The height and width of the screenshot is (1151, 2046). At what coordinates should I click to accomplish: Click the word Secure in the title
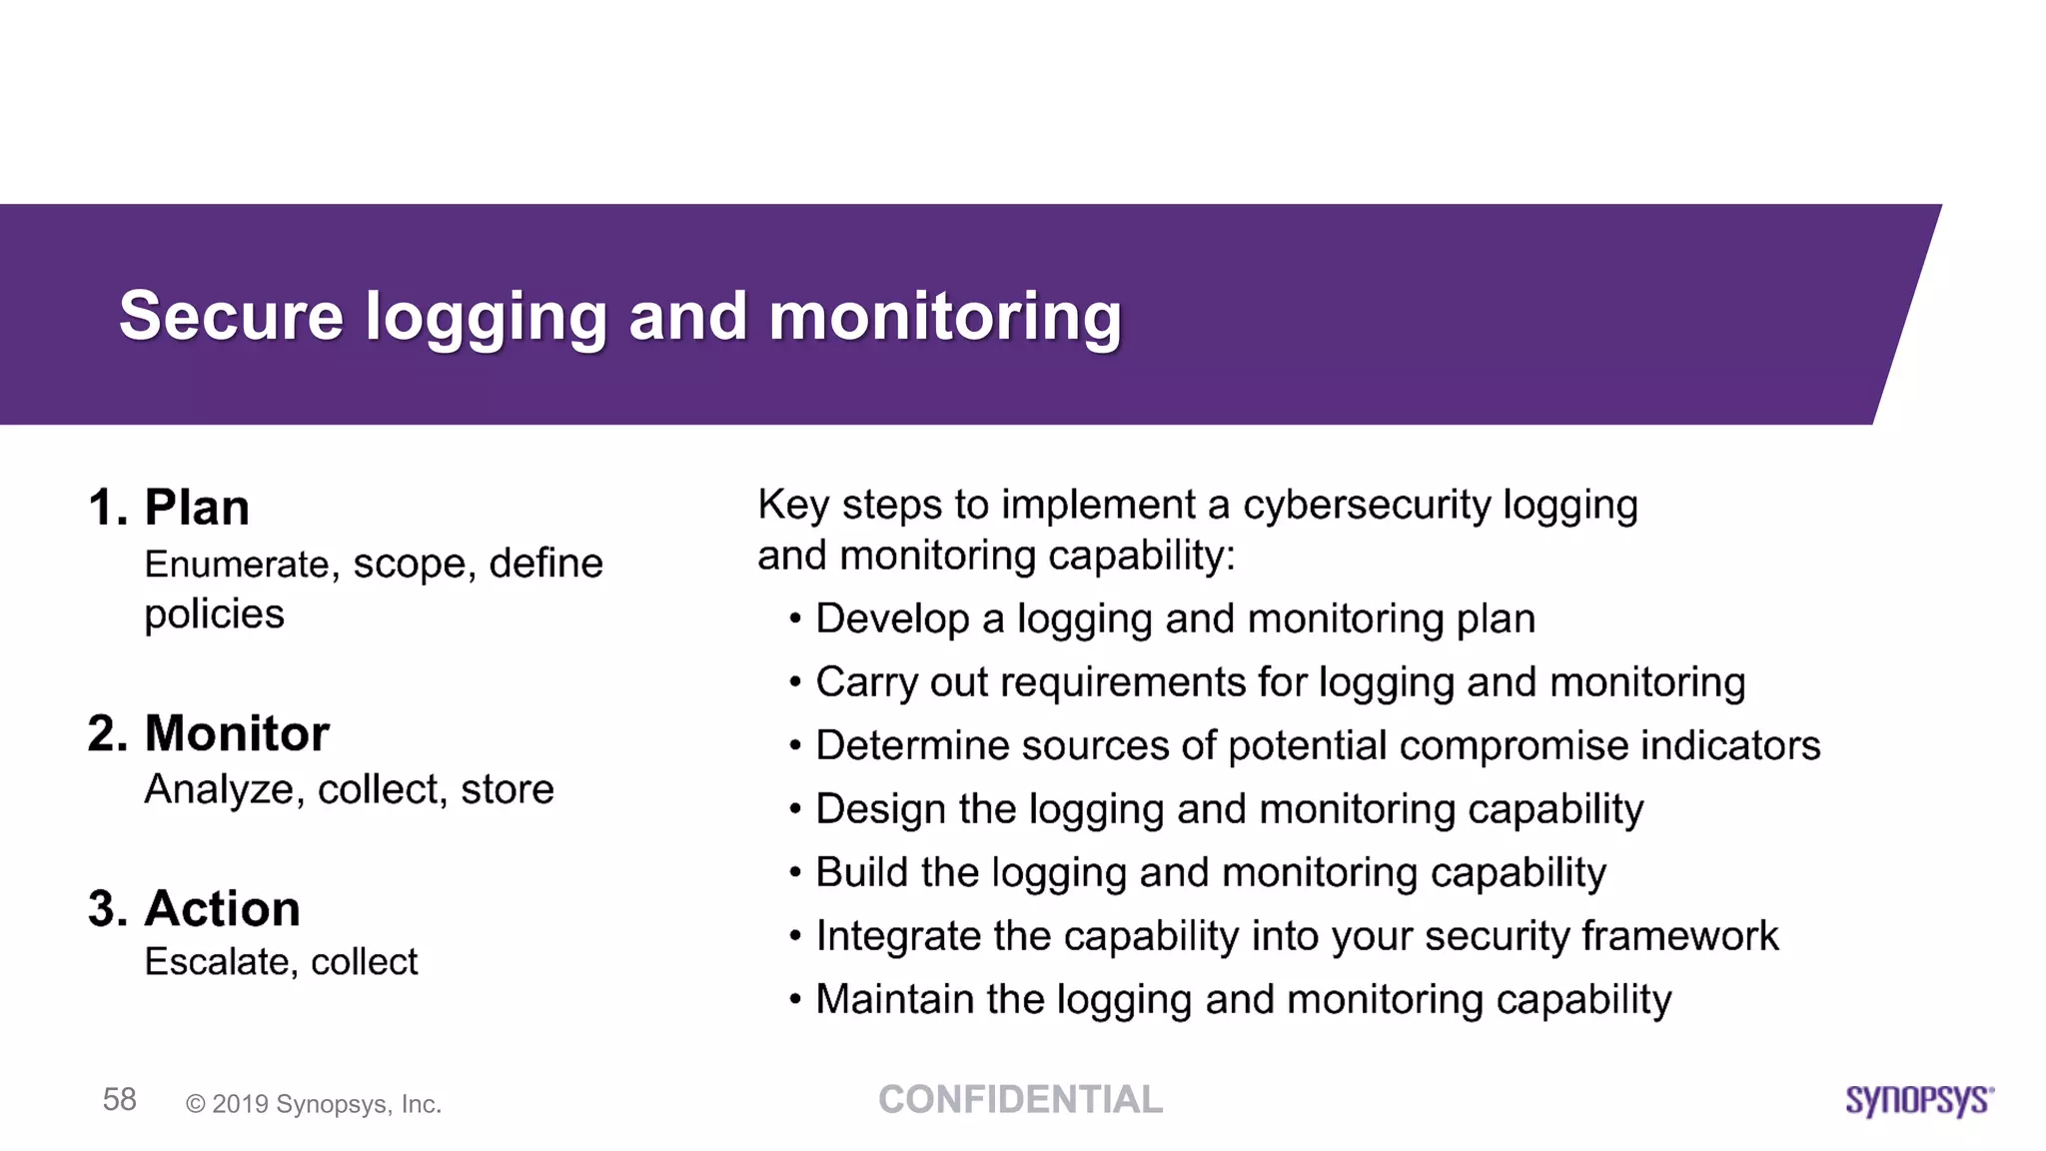point(231,316)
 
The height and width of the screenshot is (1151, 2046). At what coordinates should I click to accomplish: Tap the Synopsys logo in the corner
point(1919,1100)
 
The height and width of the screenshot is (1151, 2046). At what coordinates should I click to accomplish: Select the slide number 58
point(120,1099)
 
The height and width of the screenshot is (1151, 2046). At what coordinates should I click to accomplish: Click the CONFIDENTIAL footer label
point(1020,1099)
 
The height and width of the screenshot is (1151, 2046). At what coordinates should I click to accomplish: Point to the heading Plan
point(197,508)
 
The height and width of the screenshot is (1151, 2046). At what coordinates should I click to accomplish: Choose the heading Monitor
point(237,733)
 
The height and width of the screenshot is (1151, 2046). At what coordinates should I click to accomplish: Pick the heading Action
point(222,909)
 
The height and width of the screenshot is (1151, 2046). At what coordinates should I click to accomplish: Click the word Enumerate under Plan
point(237,565)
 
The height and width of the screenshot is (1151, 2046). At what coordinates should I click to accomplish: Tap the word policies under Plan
point(214,614)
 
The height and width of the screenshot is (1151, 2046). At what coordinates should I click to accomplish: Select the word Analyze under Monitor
point(219,789)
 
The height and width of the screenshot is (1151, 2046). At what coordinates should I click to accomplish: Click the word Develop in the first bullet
point(892,619)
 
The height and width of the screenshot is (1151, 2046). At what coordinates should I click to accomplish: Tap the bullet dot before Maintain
point(795,999)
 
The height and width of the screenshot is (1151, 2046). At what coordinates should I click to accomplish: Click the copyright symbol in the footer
point(196,1104)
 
